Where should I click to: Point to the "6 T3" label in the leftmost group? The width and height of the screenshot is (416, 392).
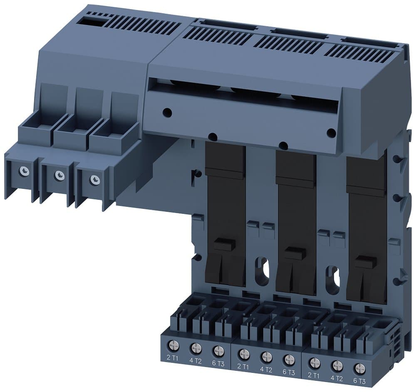pos(218,363)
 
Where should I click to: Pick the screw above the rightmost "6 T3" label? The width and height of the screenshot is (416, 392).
pos(359,368)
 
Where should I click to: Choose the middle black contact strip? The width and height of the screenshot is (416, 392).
pos(295,221)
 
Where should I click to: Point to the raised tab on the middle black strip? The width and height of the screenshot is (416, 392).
pos(295,252)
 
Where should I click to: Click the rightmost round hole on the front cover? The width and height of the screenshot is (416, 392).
pos(332,133)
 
